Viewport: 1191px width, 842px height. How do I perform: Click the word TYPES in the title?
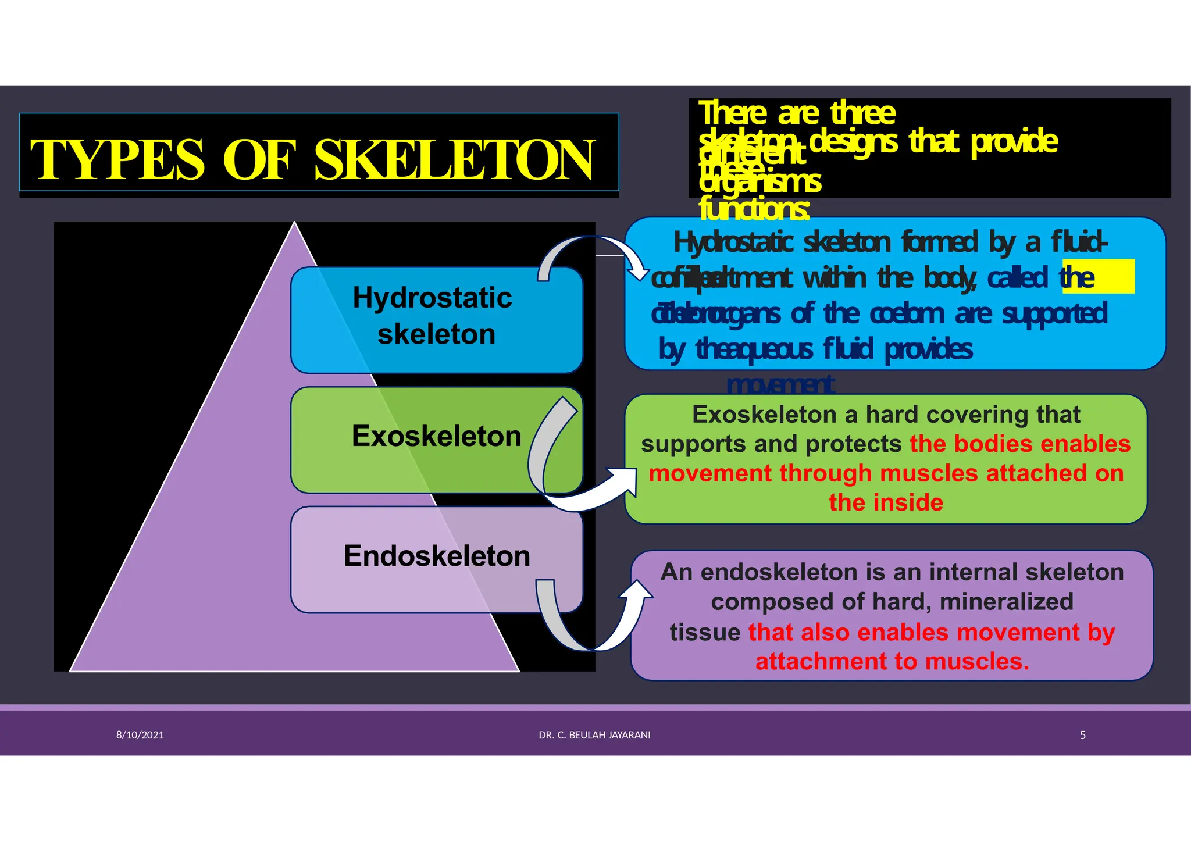click(x=117, y=159)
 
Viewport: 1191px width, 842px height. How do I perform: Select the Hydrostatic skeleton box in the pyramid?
click(x=436, y=317)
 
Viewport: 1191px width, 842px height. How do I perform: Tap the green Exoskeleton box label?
click(x=436, y=436)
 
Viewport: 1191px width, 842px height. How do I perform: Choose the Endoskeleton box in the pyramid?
click(x=436, y=556)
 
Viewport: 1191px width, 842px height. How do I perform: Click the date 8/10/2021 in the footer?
click(x=140, y=735)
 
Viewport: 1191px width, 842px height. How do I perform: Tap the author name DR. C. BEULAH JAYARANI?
click(x=594, y=735)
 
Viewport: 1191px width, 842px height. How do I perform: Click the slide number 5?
click(x=1083, y=735)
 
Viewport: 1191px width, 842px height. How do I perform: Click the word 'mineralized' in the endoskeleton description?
click(x=1006, y=602)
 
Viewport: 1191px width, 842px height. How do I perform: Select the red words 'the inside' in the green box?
click(x=886, y=502)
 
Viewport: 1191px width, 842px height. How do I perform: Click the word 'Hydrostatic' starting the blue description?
click(x=733, y=242)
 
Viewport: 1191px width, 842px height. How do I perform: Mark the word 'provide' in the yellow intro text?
click(x=1014, y=141)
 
